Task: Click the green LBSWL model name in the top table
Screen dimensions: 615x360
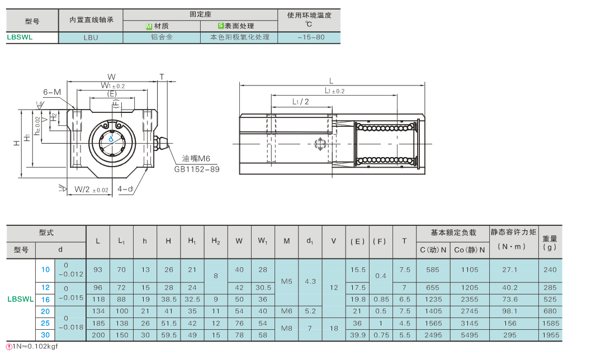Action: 20,37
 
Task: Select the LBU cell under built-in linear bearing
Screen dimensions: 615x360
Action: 91,37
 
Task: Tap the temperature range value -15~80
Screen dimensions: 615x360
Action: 311,37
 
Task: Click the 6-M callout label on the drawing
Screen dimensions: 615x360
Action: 52,92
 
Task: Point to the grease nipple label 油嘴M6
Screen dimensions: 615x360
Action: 196,158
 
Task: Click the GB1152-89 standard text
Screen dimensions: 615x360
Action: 197,169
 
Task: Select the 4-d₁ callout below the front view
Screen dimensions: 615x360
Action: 125,189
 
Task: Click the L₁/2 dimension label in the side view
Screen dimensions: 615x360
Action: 300,102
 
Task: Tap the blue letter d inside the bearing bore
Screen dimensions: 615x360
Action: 111,139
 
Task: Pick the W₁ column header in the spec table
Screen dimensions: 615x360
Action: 262,241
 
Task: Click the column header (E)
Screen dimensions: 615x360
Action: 357,241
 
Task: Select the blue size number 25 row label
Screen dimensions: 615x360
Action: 45,323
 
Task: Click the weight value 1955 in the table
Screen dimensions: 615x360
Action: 550,335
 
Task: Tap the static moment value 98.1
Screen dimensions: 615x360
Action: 510,311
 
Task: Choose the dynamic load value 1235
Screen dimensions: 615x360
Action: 433,299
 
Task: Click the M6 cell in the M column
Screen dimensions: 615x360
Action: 287,311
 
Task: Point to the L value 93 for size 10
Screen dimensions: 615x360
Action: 98,270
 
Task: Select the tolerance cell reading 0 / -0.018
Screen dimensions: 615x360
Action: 70,323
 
